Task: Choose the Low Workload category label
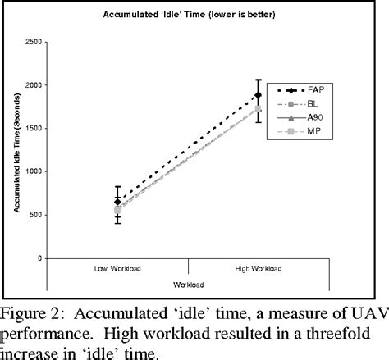click(x=119, y=267)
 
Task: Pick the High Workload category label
click(x=259, y=267)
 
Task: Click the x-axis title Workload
click(x=188, y=285)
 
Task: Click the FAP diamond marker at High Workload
click(x=259, y=94)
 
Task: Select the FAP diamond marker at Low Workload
click(x=118, y=201)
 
